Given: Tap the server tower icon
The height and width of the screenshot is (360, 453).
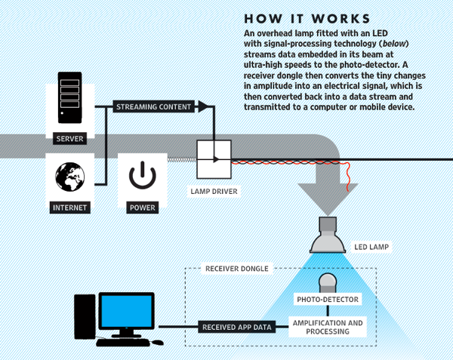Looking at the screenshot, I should (x=69, y=100).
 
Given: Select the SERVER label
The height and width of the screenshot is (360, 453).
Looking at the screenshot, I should (x=69, y=139).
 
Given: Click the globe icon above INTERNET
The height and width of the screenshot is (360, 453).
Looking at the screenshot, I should (x=69, y=178).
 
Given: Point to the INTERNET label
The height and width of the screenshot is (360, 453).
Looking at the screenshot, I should (x=69, y=206).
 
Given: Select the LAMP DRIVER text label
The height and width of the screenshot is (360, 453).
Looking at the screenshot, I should (x=213, y=192).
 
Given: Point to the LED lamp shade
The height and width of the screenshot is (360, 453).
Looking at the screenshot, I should (x=328, y=240).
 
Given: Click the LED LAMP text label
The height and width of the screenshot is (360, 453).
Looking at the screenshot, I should (x=373, y=246).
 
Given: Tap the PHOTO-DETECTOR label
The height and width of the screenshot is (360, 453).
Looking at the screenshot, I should (x=327, y=300).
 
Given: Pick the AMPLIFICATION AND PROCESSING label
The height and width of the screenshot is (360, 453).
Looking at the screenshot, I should (x=328, y=327).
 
